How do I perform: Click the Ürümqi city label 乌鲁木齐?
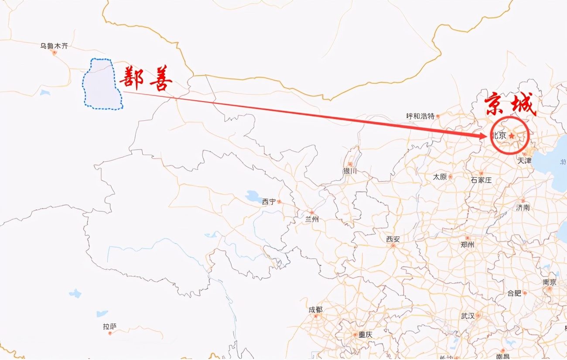point(54,46)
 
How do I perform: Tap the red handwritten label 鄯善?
point(146,78)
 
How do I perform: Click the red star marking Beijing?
point(512,136)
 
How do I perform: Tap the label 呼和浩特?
point(420,116)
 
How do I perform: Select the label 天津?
point(524,160)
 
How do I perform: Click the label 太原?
point(440,177)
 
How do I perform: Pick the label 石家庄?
point(481,180)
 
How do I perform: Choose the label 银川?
point(350,171)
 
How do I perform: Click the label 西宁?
point(269,201)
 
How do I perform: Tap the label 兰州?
point(312,219)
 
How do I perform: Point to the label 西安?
point(393,239)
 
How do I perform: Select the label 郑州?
point(467,245)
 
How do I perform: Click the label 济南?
point(523,208)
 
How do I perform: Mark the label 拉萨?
point(110,326)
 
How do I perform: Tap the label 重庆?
point(365,335)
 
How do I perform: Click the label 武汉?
point(468,316)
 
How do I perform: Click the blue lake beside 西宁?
point(253,196)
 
